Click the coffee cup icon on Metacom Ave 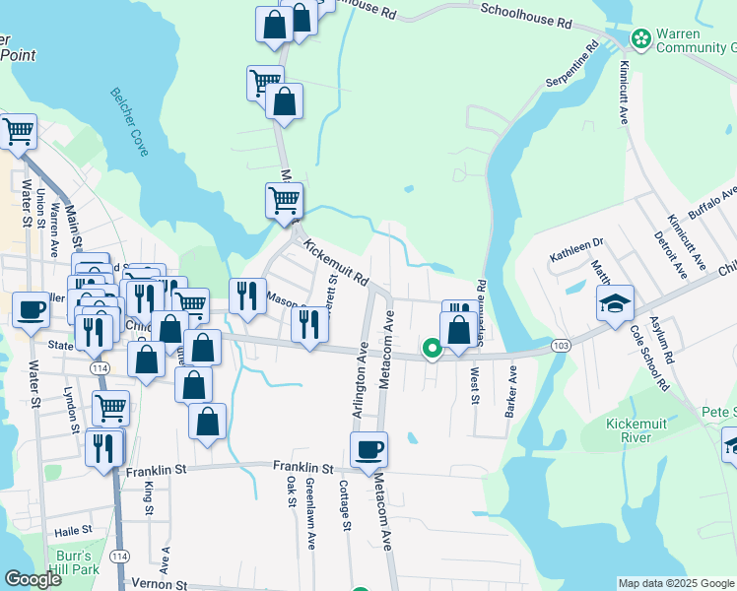[x=368, y=450]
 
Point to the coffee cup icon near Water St [x=31, y=310]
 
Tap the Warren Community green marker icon [x=641, y=38]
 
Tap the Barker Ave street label [x=511, y=391]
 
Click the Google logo [x=33, y=579]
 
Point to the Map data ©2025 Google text [x=675, y=583]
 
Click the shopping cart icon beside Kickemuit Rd [x=284, y=200]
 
